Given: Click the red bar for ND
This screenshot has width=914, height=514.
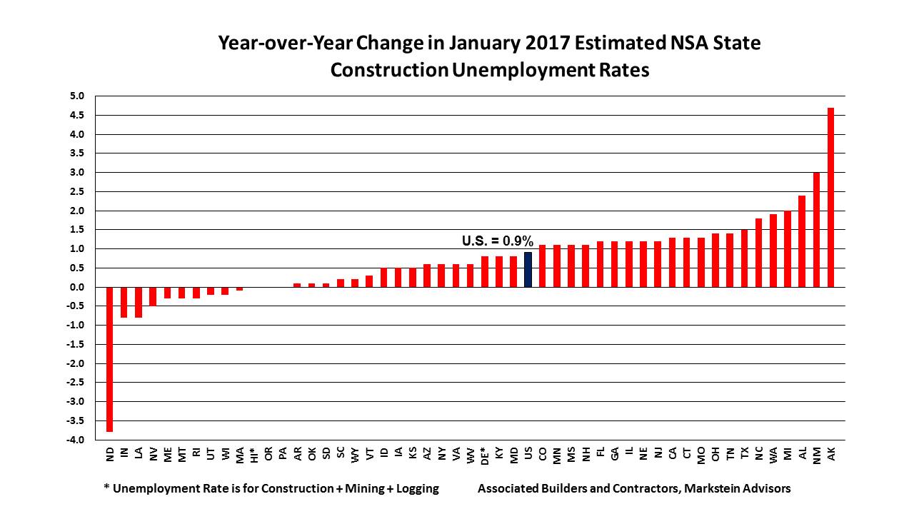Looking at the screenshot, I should (x=110, y=359).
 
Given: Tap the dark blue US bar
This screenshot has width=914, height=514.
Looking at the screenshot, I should (x=528, y=270).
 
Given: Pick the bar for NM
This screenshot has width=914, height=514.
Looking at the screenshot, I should (x=816, y=229).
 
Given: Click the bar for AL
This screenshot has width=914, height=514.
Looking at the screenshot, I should (x=802, y=241).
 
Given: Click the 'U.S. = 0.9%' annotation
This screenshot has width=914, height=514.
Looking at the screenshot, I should (x=498, y=241).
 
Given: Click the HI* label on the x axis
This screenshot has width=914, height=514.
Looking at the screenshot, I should (x=254, y=455).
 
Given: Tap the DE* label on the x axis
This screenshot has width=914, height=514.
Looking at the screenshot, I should (x=485, y=455).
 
